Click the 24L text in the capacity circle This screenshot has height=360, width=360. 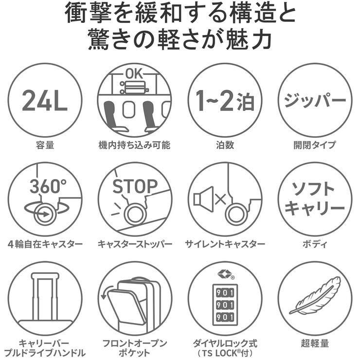45,101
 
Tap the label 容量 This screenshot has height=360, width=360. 45,144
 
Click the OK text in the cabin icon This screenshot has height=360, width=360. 135,73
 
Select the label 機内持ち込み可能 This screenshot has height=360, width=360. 135,144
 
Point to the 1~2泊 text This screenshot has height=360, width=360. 225,101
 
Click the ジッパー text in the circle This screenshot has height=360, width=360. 315,101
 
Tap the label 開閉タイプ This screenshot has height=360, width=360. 315,144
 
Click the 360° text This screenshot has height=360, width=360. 48,186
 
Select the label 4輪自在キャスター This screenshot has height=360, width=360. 45,244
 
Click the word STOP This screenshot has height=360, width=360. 135,186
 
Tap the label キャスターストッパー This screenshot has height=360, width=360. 135,244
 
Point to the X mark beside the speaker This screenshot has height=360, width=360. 220,198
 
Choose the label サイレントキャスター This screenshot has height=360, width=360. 225,244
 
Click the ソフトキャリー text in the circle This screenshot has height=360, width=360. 315,199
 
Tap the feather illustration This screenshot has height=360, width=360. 315,296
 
